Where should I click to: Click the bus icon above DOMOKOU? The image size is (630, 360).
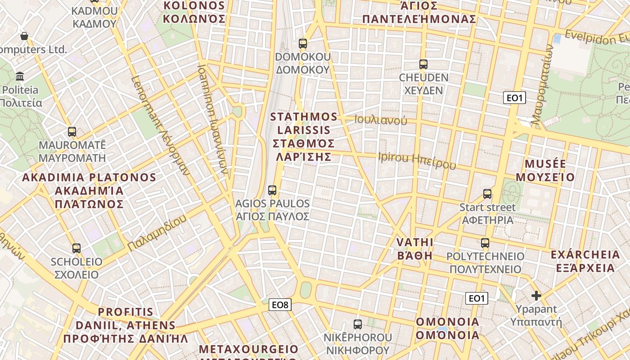[303, 44]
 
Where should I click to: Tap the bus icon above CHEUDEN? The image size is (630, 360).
[423, 64]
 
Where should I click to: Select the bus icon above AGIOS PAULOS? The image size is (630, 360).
[272, 190]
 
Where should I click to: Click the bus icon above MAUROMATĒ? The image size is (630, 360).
[72, 132]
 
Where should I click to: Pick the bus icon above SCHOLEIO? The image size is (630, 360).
[76, 248]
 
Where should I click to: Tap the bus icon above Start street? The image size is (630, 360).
[487, 194]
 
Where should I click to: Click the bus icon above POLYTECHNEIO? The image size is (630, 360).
[485, 243]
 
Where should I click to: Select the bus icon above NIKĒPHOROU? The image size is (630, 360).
[358, 324]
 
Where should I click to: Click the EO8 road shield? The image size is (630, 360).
[280, 305]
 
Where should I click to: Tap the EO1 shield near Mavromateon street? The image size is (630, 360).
[514, 98]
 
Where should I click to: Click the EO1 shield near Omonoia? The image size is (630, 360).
[476, 298]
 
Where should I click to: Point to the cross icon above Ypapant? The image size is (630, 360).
[536, 296]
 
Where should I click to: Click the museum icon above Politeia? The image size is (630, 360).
[20, 76]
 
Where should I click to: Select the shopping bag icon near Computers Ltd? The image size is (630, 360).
[24, 36]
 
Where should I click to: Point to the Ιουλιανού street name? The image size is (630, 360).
[381, 120]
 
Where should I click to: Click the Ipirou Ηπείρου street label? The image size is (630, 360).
[417, 161]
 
